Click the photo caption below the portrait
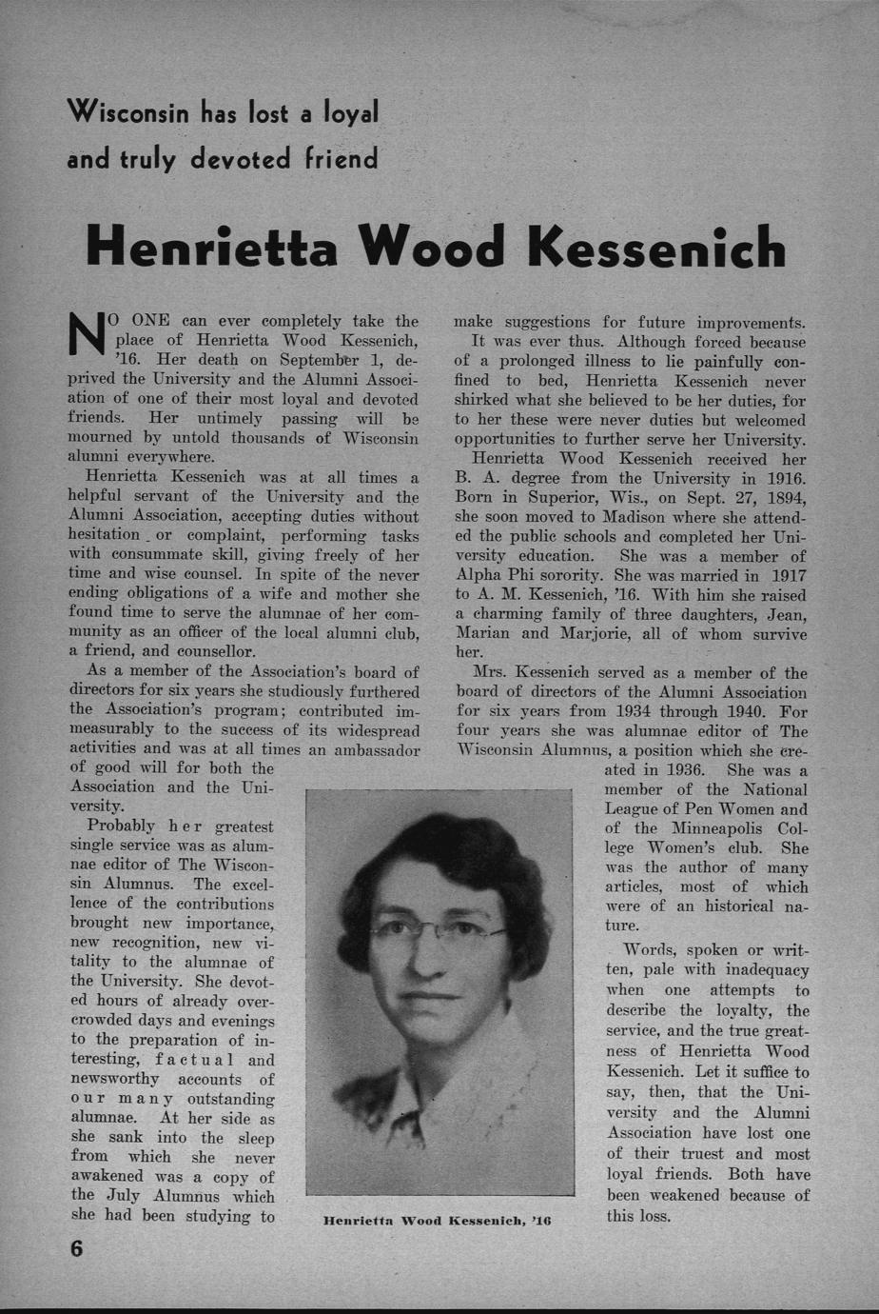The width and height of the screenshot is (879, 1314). [x=438, y=1220]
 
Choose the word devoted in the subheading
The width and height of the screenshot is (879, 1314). [x=238, y=157]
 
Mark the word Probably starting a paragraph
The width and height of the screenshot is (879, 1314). [x=118, y=826]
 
